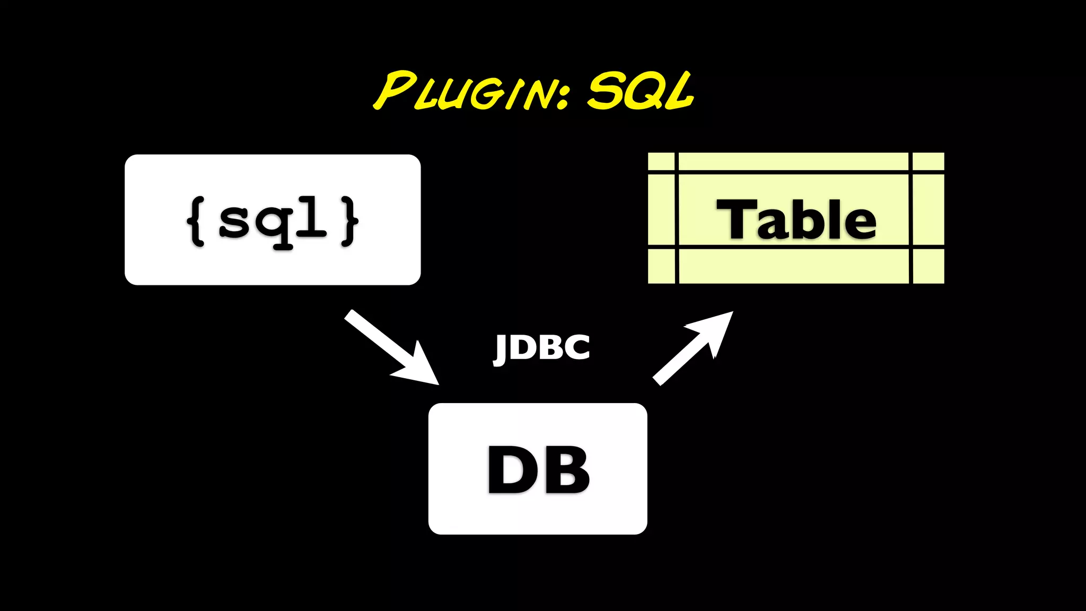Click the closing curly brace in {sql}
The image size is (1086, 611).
349,221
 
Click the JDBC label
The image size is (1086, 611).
541,348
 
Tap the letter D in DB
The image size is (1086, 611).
509,470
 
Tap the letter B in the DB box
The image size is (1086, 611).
567,470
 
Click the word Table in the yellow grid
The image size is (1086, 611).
796,219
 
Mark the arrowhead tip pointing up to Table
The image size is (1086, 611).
731,313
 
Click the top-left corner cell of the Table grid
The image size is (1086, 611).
661,161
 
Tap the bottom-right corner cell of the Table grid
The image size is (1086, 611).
929,266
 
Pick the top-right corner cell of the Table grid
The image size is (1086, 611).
929,161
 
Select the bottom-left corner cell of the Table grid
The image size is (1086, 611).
661,266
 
